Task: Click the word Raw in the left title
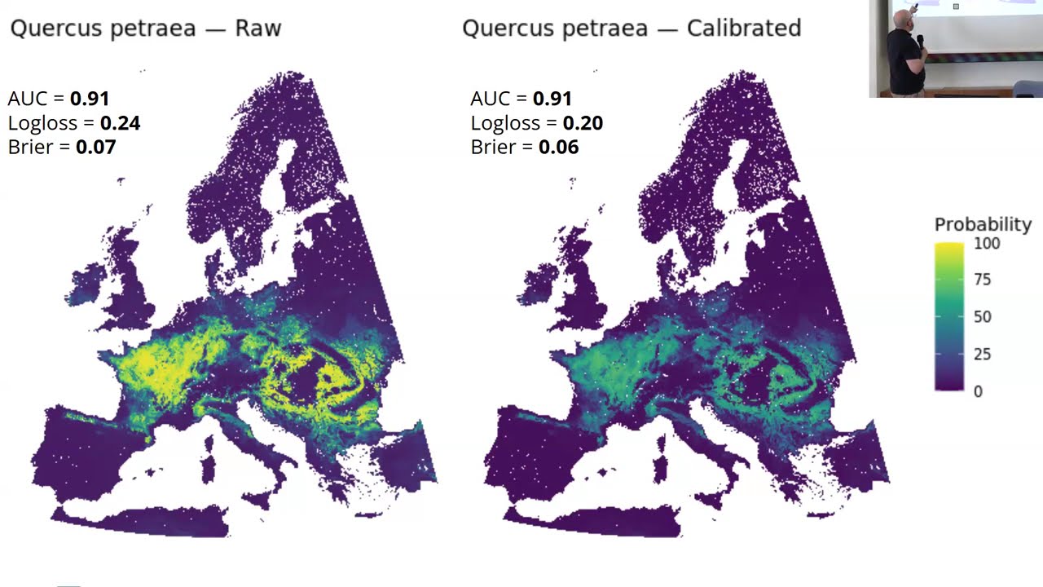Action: pyautogui.click(x=258, y=29)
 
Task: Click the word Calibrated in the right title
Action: pyautogui.click(x=744, y=29)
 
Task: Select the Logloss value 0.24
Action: pyautogui.click(x=120, y=123)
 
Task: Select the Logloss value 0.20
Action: pyautogui.click(x=583, y=123)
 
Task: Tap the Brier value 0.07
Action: pyautogui.click(x=96, y=148)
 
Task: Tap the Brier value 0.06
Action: pyautogui.click(x=559, y=148)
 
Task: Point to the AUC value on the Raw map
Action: pyautogui.click(x=90, y=99)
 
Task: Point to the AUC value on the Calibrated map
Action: pyautogui.click(x=552, y=99)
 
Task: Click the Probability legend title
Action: pyautogui.click(x=983, y=224)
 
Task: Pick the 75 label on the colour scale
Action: pyautogui.click(x=983, y=280)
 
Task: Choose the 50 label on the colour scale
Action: pyautogui.click(x=983, y=316)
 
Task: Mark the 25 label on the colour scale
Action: pyautogui.click(x=983, y=354)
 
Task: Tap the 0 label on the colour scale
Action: pyautogui.click(x=978, y=391)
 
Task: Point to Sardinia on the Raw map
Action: pyautogui.click(x=208, y=468)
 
